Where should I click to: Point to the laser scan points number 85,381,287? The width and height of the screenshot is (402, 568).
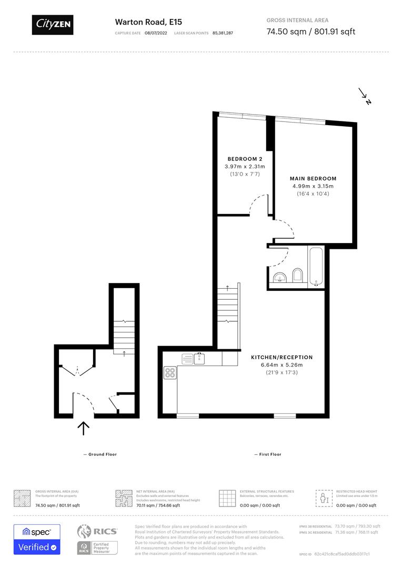tap(223, 33)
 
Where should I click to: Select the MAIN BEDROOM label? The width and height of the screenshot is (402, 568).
tap(313, 178)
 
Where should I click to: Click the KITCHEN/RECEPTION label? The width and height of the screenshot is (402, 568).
tap(282, 357)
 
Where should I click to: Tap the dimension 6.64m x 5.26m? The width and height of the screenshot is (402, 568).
tap(282, 365)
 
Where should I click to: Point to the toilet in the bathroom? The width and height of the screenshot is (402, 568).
tap(298, 276)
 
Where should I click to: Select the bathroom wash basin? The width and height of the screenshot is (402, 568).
tap(279, 277)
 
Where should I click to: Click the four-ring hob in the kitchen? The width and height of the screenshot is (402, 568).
tap(170, 373)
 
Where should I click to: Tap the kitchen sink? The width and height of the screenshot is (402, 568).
tap(199, 359)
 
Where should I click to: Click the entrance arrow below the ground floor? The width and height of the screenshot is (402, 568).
tap(83, 428)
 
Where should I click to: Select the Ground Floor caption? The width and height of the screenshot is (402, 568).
tap(100, 454)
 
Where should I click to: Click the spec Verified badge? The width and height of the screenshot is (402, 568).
tap(37, 539)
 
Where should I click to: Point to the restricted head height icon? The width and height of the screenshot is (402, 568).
tap(323, 498)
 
